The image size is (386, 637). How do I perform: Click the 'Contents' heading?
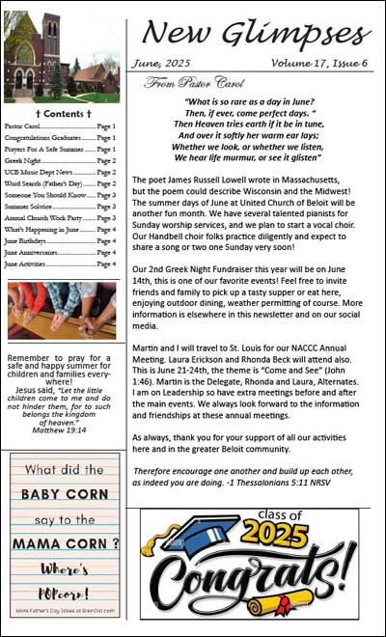(x=62, y=113)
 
